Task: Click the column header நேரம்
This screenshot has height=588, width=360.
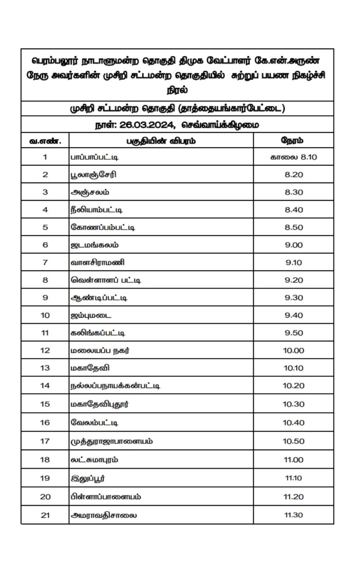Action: point(293,140)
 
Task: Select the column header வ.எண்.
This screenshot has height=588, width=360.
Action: point(45,141)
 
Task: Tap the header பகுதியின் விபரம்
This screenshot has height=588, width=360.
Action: point(161,141)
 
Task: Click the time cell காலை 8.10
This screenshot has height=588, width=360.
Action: point(293,157)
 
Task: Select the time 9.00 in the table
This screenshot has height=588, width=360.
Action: point(293,245)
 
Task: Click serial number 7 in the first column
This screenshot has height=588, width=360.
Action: point(45,262)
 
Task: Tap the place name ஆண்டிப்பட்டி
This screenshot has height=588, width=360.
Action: point(99,298)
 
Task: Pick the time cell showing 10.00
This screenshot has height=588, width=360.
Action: point(293,350)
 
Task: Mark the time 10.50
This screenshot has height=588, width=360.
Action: point(293,442)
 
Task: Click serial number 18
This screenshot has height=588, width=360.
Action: point(45,460)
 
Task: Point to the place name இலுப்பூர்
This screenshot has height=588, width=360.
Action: point(88,478)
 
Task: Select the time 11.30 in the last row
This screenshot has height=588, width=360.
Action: point(293,515)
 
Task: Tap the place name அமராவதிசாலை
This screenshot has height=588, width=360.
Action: point(104,515)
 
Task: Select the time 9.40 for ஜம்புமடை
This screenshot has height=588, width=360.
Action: point(293,315)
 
